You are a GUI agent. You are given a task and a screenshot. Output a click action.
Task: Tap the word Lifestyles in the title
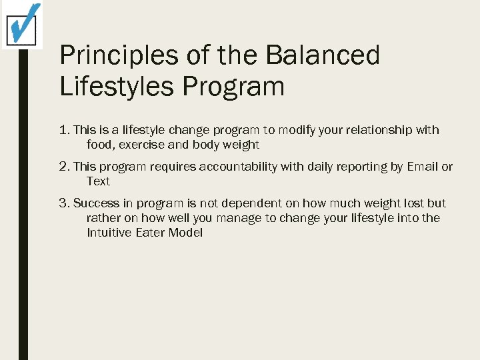[117, 87]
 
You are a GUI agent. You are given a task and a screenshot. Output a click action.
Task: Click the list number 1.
[64, 130]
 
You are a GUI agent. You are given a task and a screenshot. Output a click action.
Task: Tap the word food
[99, 145]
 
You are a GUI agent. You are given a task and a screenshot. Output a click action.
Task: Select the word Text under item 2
[98, 181]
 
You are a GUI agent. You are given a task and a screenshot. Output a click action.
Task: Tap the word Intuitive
[110, 233]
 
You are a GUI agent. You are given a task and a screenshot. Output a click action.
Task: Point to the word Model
[185, 233]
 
